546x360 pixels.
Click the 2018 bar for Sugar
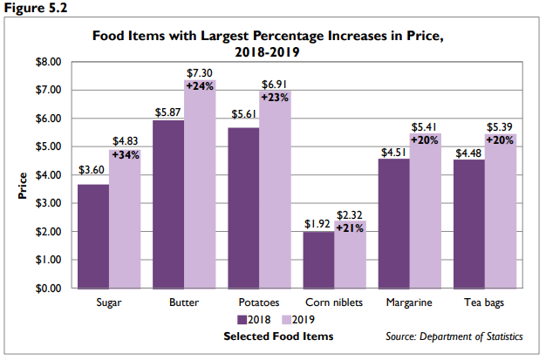(93, 236)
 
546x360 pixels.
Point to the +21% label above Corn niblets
(351, 228)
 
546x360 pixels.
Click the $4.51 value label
(393, 151)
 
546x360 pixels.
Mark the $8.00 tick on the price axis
(48, 63)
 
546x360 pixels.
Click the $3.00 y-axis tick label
(48, 204)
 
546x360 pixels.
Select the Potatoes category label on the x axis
(259, 303)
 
